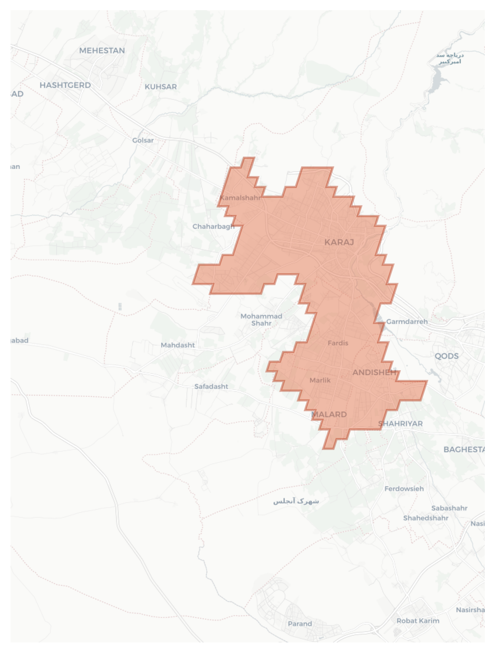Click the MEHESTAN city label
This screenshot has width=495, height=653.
[x=102, y=51]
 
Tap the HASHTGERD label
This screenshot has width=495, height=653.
[x=65, y=85]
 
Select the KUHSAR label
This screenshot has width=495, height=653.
[x=161, y=87]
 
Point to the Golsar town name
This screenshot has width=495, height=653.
[x=143, y=140]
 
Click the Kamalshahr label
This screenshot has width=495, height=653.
[x=240, y=197]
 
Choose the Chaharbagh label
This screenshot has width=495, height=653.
[x=213, y=227]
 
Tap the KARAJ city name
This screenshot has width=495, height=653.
[x=339, y=242]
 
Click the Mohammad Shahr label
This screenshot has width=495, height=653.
[x=261, y=320]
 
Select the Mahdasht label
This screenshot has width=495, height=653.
[x=178, y=345]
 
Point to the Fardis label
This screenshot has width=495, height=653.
[x=338, y=343]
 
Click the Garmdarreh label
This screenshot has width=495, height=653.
[x=407, y=321]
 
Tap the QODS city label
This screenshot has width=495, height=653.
[x=447, y=356]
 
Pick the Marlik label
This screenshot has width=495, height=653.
[x=320, y=380]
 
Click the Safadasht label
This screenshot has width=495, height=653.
[x=211, y=386]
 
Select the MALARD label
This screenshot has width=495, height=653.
[x=329, y=414]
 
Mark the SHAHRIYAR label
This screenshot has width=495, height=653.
[x=400, y=424]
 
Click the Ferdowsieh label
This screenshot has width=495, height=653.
[x=404, y=489]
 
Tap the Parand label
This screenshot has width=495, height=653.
[x=300, y=624]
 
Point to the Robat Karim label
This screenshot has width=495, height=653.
[x=418, y=621]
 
